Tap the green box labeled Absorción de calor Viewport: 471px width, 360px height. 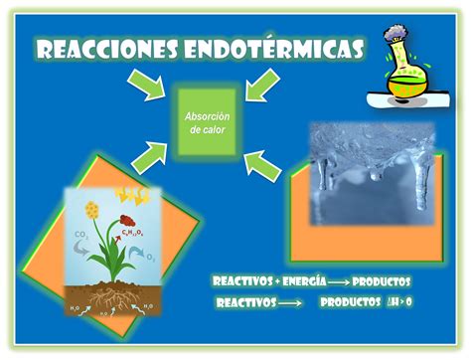(x=208, y=122)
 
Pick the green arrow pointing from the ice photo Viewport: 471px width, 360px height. (x=263, y=160)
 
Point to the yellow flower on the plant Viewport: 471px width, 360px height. (x=93, y=210)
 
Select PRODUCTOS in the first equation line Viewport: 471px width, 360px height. (x=382, y=282)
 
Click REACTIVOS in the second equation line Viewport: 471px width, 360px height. (x=245, y=302)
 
